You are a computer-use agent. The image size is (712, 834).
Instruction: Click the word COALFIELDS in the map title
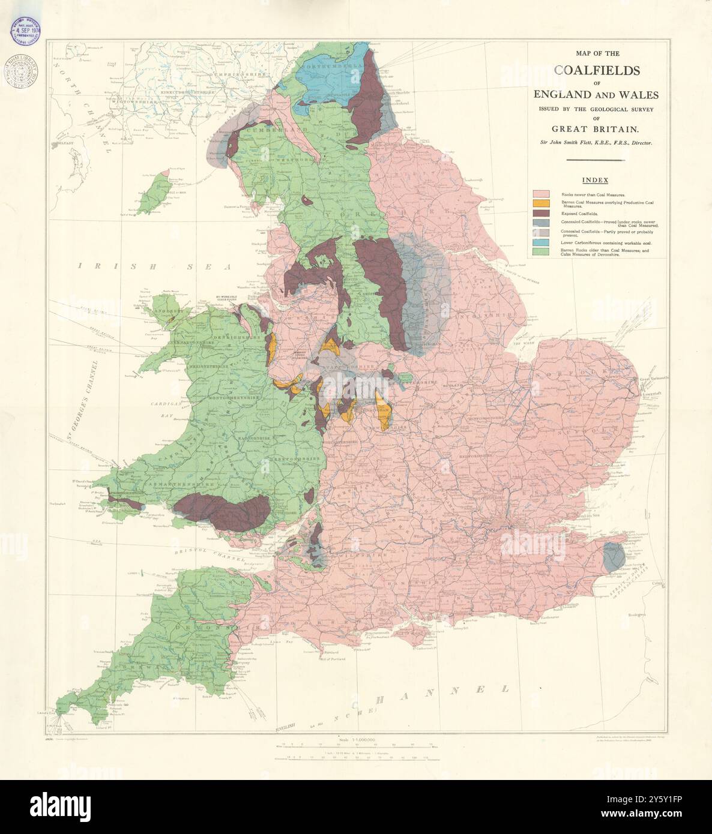coord(597,70)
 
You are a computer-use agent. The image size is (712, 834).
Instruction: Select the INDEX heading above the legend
coord(594,180)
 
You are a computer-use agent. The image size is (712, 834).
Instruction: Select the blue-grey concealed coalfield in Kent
coord(612,556)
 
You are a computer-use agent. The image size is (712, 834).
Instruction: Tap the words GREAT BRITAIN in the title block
coord(596,128)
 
